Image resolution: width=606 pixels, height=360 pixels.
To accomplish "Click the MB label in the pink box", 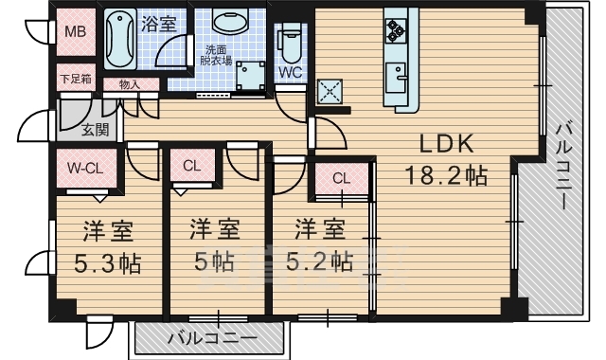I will [x=75, y=31].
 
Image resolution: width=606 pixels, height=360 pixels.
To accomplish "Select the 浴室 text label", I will [x=158, y=24].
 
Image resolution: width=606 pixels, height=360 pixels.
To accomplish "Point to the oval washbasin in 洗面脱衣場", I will [x=227, y=23].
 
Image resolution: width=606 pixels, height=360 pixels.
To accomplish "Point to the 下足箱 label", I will [x=75, y=79].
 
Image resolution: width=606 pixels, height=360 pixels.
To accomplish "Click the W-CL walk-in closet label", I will [x=84, y=169].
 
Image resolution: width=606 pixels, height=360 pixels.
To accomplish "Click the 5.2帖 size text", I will [x=316, y=261].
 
